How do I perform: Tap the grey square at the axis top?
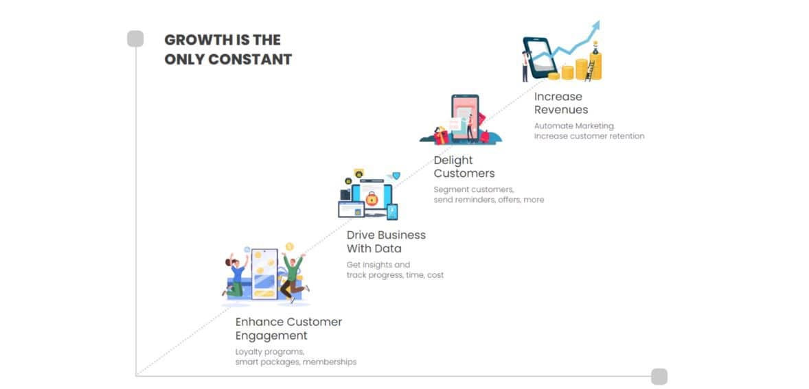[135, 38]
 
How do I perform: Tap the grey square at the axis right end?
[659, 377]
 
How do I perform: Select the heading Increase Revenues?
[561, 103]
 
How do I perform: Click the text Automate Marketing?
[575, 126]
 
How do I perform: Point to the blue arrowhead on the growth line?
[595, 25]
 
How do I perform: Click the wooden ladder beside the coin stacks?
[590, 71]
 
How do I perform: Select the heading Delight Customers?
[464, 167]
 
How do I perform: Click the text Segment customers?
[474, 189]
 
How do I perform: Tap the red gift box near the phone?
[441, 136]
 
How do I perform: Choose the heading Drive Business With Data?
[386, 241]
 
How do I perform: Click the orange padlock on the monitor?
[371, 198]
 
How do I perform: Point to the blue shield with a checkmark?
[396, 176]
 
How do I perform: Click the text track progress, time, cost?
[395, 275]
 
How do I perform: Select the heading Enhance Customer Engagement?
[288, 329]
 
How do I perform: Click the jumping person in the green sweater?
[293, 277]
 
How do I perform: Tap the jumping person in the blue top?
[236, 274]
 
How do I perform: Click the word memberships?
[329, 362]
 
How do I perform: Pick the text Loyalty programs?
[270, 353]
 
